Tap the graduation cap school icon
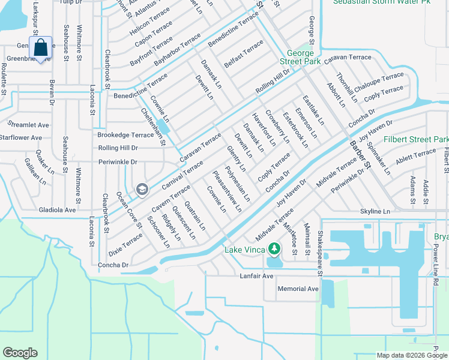pyautogui.click(x=142, y=190)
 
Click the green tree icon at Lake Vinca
pyautogui.click(x=274, y=248)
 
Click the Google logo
pyautogui.click(x=20, y=352)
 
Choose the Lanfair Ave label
pyautogui.click(x=256, y=276)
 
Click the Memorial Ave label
pyautogui.click(x=298, y=289)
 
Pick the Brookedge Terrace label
pyautogui.click(x=125, y=135)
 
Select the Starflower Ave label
pyautogui.click(x=20, y=137)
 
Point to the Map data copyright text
pyautogui.click(x=403, y=355)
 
